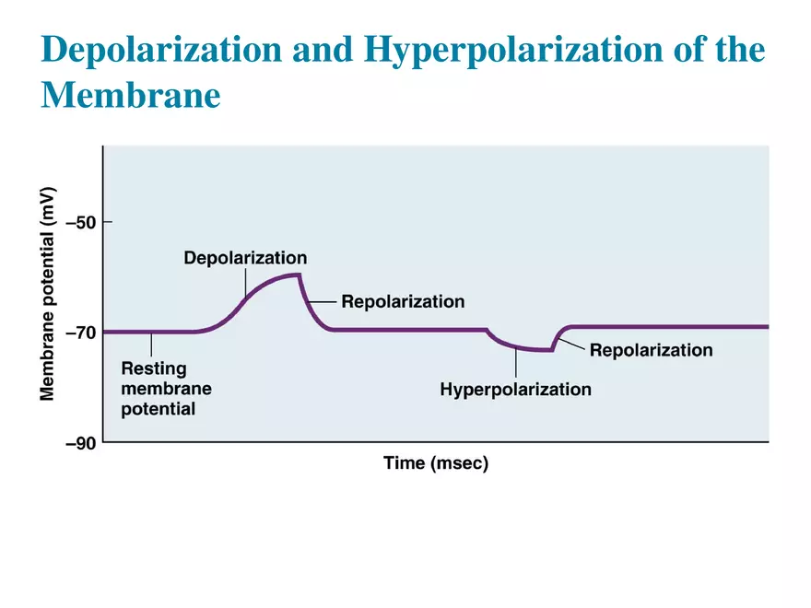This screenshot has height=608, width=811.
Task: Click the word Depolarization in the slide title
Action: click(x=162, y=50)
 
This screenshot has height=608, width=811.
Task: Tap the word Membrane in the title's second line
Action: click(x=131, y=95)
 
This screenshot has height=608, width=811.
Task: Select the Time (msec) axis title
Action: click(x=436, y=463)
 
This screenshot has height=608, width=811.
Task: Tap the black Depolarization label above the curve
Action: click(x=245, y=257)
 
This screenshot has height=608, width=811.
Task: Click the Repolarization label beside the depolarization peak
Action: click(x=403, y=301)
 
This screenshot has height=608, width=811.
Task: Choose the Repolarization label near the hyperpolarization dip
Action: click(x=651, y=350)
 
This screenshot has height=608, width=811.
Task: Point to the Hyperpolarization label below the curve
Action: click(x=515, y=389)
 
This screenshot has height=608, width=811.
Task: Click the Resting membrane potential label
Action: click(x=166, y=388)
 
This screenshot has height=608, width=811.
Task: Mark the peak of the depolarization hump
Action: click(x=295, y=275)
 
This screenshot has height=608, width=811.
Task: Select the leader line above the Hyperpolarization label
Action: click(x=516, y=364)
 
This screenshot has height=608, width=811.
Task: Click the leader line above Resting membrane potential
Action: click(x=152, y=344)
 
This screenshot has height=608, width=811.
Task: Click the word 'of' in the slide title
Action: click(x=686, y=50)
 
